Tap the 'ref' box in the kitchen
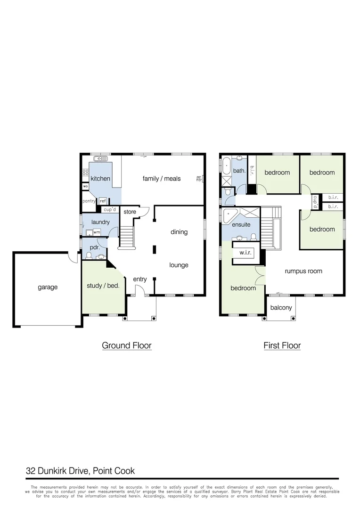pyautogui.click(x=103, y=201)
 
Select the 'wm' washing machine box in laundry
pyautogui.click(x=97, y=232)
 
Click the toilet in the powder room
pyautogui.click(x=89, y=256)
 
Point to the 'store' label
pyautogui.click(x=130, y=212)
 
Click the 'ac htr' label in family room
pyautogui.click(x=199, y=178)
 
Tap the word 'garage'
pyautogui.click(x=48, y=287)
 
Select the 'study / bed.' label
pyautogui.click(x=103, y=286)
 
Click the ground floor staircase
pyautogui.click(x=126, y=236)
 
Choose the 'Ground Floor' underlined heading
pyautogui.click(x=127, y=345)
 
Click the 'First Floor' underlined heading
pyautogui.click(x=282, y=345)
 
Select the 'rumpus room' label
pyautogui.click(x=303, y=271)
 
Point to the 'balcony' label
pyautogui.click(x=281, y=308)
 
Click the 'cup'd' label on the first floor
pyautogui.click(x=315, y=202)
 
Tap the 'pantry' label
pyautogui.click(x=89, y=201)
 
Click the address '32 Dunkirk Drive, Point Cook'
pyautogui.click(x=80, y=470)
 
